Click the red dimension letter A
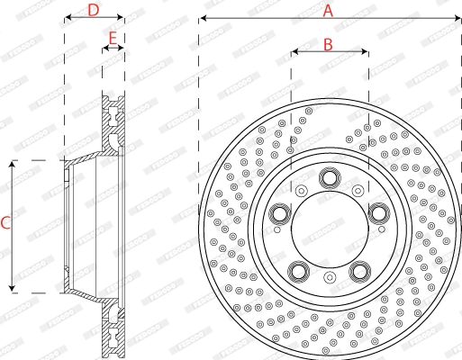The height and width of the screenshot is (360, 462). pos(329,10)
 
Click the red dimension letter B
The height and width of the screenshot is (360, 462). pos(329,43)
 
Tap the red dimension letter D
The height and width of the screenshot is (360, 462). pos(93,10)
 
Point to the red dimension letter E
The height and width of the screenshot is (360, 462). pos(113,38)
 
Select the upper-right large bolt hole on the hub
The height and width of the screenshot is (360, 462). pos(378,212)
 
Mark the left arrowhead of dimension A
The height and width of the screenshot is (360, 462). pos(202,18)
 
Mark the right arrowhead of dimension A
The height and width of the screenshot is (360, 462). pos(457,18)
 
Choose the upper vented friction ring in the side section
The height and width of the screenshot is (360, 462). pos(113,126)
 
